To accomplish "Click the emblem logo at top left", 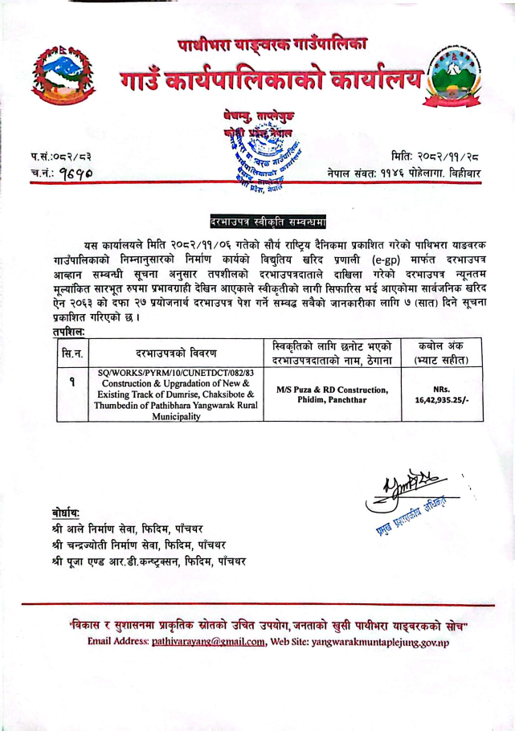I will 67,74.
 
